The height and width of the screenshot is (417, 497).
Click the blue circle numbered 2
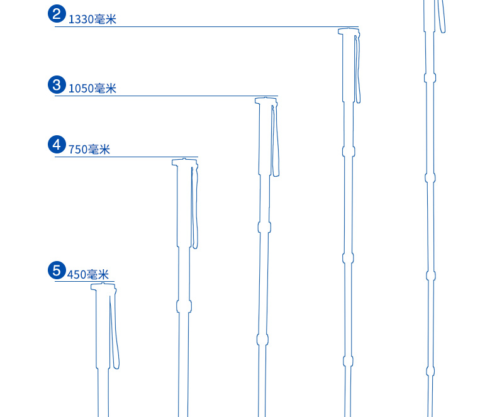coord(57,14)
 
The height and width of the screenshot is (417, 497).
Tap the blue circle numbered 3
coord(57,84)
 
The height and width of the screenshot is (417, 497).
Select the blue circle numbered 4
coord(57,145)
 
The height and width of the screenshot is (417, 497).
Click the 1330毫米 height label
coord(92,19)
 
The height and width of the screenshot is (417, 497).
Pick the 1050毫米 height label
coord(92,89)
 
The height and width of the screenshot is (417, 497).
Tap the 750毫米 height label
coord(89,150)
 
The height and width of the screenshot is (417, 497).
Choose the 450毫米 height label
coord(88,274)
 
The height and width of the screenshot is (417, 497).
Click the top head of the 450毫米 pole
coord(104,287)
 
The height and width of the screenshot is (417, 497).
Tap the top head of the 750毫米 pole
coord(184,162)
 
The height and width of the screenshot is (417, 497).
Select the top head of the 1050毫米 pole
coord(265,101)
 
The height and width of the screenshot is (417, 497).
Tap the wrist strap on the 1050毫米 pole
coord(276,142)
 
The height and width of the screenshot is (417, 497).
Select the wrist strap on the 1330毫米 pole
coord(358,69)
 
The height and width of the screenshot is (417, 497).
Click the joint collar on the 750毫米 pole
coord(184,306)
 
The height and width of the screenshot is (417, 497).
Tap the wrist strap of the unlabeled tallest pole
coord(442,16)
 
